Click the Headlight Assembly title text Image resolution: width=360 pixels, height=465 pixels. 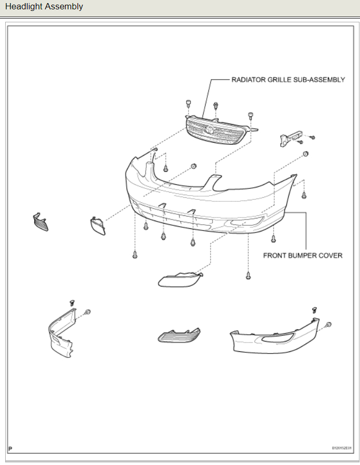point(44,7)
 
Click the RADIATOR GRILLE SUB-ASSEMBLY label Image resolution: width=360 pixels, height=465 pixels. point(288,80)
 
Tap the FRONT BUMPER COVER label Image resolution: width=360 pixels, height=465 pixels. point(303,255)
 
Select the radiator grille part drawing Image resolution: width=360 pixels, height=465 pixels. point(216,131)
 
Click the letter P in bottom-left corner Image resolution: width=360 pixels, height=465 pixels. point(10,447)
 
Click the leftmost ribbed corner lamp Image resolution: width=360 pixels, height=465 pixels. point(40,222)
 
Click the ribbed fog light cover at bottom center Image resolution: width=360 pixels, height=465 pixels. point(179,336)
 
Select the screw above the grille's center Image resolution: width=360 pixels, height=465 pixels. point(216,105)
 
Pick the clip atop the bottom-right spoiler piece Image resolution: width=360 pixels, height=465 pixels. point(314,309)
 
